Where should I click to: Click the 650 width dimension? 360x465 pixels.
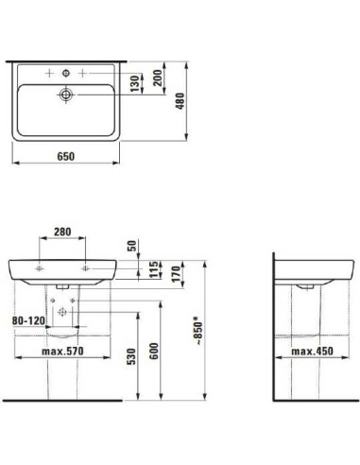65,157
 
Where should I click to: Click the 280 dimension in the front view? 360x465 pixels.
63,230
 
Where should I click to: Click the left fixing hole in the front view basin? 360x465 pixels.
41,270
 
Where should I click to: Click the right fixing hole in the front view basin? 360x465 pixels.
87,270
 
